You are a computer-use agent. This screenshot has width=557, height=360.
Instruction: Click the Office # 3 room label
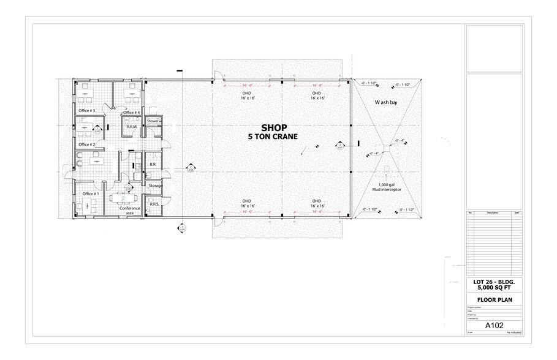[86, 110]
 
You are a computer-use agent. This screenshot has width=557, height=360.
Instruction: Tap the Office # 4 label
[132, 113]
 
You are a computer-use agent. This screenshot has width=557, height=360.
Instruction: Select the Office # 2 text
[86, 144]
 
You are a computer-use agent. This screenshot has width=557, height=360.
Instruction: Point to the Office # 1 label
[91, 194]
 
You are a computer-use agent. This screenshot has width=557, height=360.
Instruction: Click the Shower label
[153, 121]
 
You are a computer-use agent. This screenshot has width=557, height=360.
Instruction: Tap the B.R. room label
[153, 165]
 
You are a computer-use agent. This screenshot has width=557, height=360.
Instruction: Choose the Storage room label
[155, 186]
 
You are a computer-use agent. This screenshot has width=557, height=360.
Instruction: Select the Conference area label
[129, 211]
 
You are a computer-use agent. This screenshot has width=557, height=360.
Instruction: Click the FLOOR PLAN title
[494, 300]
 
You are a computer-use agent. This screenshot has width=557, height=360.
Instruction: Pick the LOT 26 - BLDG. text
[494, 282]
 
